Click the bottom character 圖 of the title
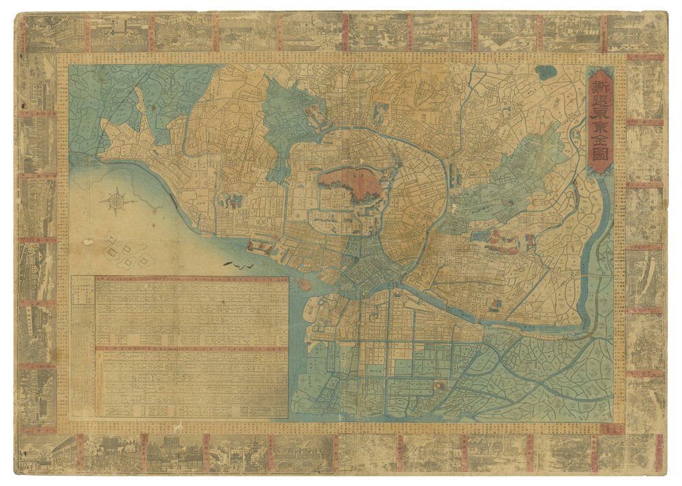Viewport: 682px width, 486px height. (x=600, y=162)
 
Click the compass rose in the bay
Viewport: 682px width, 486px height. (x=115, y=201)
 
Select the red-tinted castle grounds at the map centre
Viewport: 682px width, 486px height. (x=350, y=184)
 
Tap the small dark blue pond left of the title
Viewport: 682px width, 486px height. (x=546, y=72)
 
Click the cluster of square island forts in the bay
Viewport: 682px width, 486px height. (x=123, y=249)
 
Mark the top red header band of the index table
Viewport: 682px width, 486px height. (x=191, y=279)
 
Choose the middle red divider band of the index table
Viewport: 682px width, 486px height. (x=191, y=349)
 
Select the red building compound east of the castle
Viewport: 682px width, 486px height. (x=501, y=241)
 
